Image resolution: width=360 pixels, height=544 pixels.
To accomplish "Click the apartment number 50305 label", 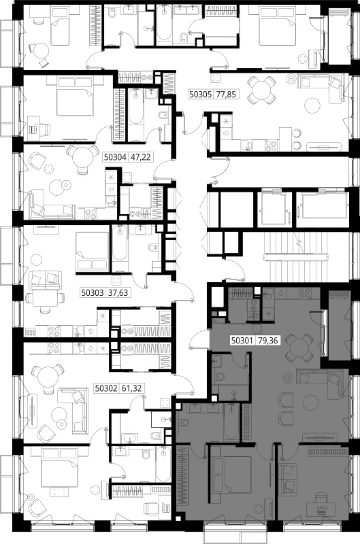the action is [x=200, y=94].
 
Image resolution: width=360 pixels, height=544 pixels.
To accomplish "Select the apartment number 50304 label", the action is [x=115, y=157].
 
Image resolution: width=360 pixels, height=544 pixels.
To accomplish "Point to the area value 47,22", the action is [x=140, y=157].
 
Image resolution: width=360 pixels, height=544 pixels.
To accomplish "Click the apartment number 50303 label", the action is [x=93, y=293].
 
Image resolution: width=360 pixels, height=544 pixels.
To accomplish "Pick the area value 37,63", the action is [x=118, y=293].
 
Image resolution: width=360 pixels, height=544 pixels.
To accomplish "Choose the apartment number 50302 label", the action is [x=106, y=388].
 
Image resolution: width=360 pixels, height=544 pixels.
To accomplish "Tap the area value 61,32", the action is [x=131, y=388].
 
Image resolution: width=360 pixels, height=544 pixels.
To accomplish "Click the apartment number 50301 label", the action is [x=242, y=341].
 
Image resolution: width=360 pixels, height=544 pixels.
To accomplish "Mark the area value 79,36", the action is [x=267, y=341].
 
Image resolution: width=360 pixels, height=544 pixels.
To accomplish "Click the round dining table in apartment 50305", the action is [x=261, y=90].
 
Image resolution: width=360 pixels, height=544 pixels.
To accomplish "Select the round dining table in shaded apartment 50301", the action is [x=299, y=347].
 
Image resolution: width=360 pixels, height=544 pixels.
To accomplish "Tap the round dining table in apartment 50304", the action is [x=82, y=157].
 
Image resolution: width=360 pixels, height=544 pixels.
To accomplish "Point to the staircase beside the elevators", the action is [x=296, y=258].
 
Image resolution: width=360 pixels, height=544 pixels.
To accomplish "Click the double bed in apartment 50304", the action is [x=76, y=97].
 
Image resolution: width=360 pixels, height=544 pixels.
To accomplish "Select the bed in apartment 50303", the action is [x=93, y=251].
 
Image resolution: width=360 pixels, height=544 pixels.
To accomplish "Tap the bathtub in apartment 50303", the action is [x=120, y=248].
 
